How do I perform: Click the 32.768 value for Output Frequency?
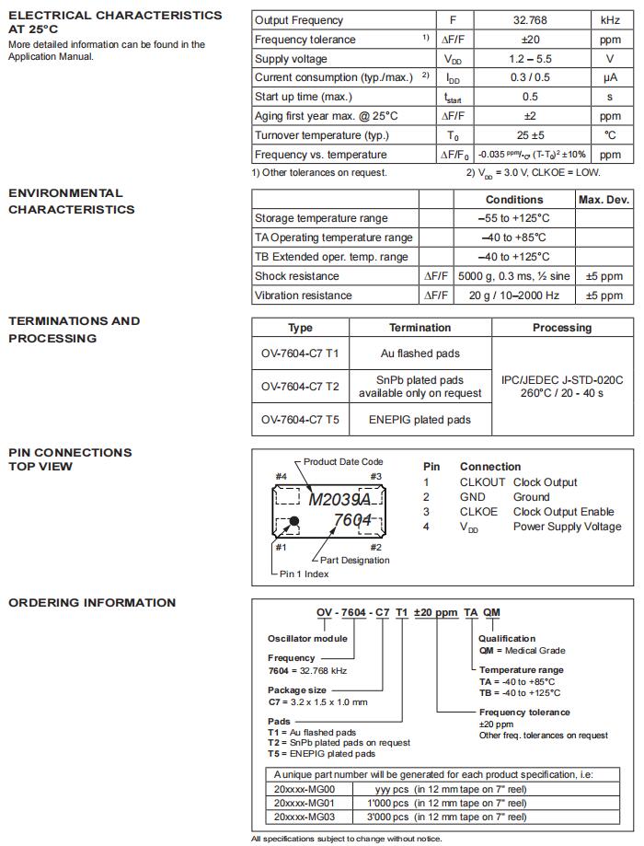(x=530, y=20)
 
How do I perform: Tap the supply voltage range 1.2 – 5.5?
(x=530, y=59)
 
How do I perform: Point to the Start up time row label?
(x=303, y=97)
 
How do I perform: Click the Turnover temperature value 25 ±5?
(x=530, y=135)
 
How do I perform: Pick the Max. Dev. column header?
(x=604, y=200)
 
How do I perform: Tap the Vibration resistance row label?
(x=303, y=296)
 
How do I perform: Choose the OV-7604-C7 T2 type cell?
(x=300, y=387)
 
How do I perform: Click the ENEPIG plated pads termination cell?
(x=420, y=420)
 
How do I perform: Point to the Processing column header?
(x=561, y=328)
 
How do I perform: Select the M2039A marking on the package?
(x=339, y=500)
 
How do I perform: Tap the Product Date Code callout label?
(x=343, y=462)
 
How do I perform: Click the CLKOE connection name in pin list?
(x=478, y=512)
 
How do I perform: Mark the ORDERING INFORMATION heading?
(x=92, y=603)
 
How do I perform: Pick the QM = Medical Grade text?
(x=522, y=651)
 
